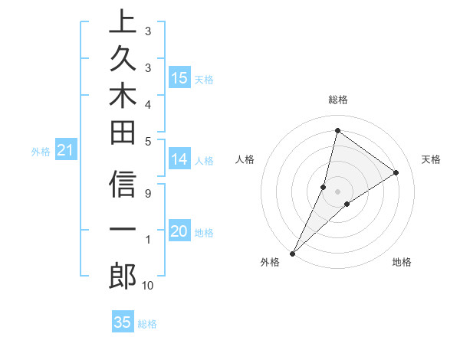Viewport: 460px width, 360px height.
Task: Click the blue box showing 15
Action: pyautogui.click(x=179, y=77)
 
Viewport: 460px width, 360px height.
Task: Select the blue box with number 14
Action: pyautogui.click(x=179, y=159)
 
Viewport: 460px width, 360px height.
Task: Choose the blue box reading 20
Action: pyautogui.click(x=179, y=231)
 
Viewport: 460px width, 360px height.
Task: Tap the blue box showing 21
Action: pyautogui.click(x=66, y=151)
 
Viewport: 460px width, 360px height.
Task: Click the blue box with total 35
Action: pyautogui.click(x=123, y=322)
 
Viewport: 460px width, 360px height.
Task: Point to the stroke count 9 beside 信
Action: pyautogui.click(x=147, y=194)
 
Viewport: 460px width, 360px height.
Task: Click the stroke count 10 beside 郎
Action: pyautogui.click(x=147, y=286)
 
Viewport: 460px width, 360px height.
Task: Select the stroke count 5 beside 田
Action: pyautogui.click(x=147, y=140)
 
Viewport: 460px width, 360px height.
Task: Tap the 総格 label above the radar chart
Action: pyautogui.click(x=337, y=100)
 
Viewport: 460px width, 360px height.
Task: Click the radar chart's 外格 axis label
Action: pyautogui.click(x=270, y=263)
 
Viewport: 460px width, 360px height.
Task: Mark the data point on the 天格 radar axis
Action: pyautogui.click(x=396, y=173)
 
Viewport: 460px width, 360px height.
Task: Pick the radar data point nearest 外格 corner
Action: pyautogui.click(x=292, y=253)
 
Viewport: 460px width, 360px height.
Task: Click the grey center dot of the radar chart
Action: pyautogui.click(x=337, y=191)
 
